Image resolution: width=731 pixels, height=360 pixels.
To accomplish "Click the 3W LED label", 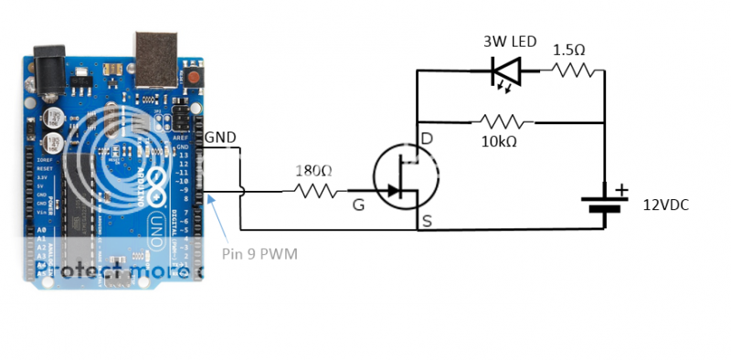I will click(510, 42).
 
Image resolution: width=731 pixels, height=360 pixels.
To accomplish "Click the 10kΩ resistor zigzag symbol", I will click(501, 121).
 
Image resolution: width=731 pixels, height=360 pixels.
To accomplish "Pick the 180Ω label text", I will click(313, 170).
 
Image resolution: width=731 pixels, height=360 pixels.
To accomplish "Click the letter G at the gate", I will click(358, 206).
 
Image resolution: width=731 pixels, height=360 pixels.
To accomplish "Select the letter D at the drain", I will click(427, 139).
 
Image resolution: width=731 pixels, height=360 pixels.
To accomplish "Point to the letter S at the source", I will click(427, 219).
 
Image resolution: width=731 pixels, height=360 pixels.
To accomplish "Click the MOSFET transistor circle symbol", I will click(405, 179).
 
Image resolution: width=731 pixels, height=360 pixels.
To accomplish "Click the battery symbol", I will click(604, 203).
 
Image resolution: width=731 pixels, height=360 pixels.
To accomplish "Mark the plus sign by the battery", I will click(622, 189).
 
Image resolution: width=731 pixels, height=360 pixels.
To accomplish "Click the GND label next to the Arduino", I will click(220, 137).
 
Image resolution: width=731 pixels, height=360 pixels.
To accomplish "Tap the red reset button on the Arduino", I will click(194, 77).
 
